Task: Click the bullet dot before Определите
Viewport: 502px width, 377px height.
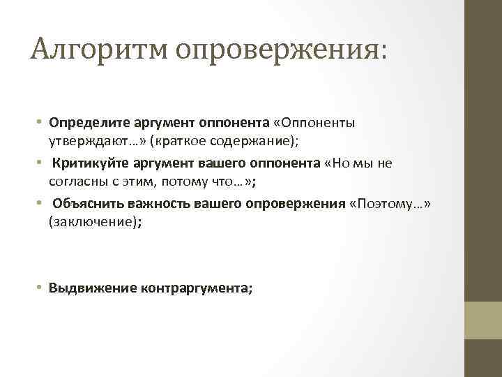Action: (x=42, y=123)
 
